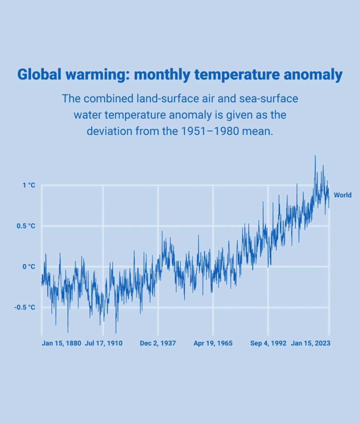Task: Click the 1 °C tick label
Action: pyautogui.click(x=29, y=185)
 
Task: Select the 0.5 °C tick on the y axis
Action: pyautogui.click(x=26, y=226)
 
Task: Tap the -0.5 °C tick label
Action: pyautogui.click(x=25, y=307)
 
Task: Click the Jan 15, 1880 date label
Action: pyautogui.click(x=61, y=343)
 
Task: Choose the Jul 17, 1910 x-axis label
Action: pyautogui.click(x=104, y=343)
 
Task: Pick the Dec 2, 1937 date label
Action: pyautogui.click(x=158, y=343)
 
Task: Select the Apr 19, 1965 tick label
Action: pyautogui.click(x=213, y=343)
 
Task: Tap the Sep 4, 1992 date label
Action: pyautogui.click(x=268, y=343)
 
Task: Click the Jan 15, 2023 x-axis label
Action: pyautogui.click(x=311, y=343)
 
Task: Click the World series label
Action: pyautogui.click(x=343, y=195)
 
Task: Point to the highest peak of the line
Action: pyautogui.click(x=315, y=156)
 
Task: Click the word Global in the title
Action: pyautogui.click(x=39, y=75)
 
